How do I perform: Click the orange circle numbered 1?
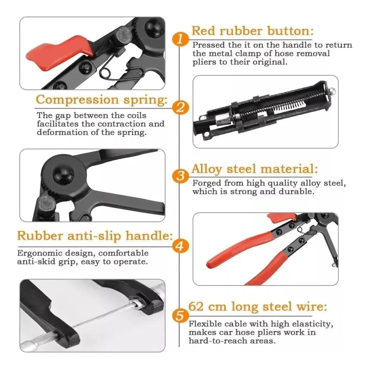point(180,39)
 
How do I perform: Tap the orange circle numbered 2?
point(180,107)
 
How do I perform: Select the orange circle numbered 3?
point(180,176)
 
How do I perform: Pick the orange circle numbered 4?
point(180,246)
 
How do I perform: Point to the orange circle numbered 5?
point(180,315)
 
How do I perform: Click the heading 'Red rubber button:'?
point(252,31)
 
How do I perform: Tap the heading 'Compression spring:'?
point(101,100)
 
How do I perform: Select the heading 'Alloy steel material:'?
point(255,169)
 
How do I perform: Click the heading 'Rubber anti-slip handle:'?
point(95,236)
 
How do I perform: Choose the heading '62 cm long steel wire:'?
point(258,307)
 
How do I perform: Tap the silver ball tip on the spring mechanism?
point(332,90)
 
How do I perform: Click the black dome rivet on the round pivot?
point(64,174)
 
